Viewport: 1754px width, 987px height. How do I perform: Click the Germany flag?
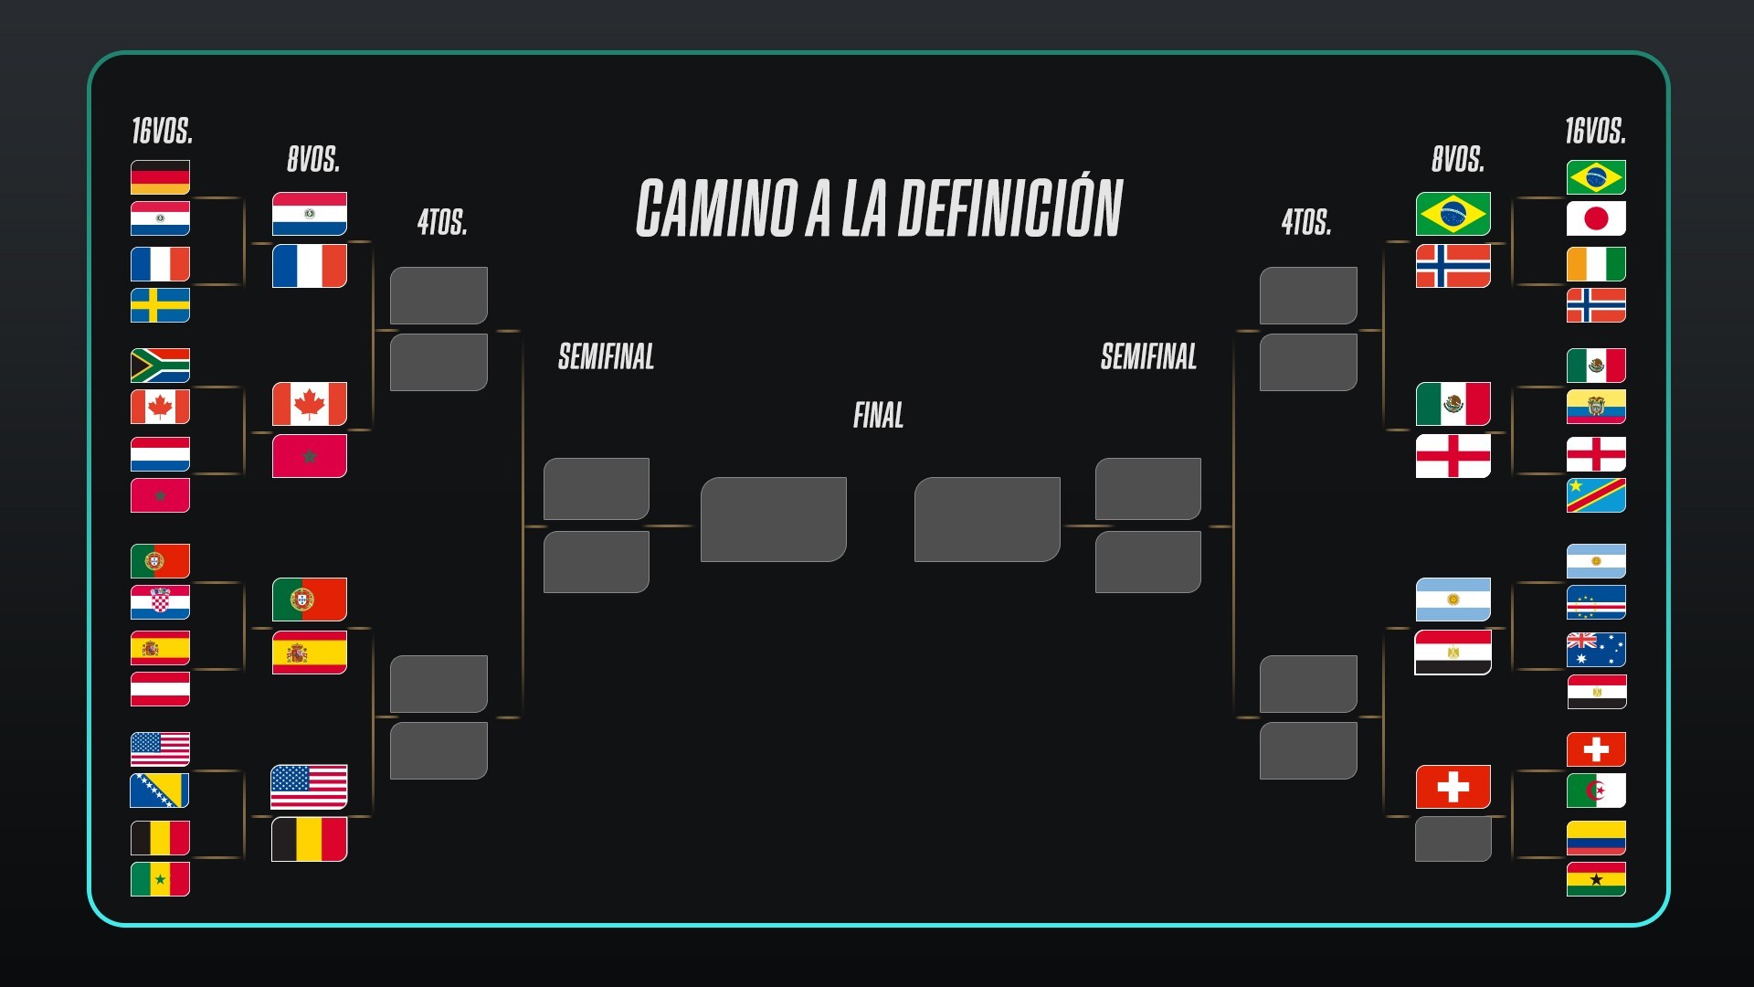[x=160, y=177]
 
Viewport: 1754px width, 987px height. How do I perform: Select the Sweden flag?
[x=160, y=305]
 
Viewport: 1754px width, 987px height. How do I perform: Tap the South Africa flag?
[x=160, y=366]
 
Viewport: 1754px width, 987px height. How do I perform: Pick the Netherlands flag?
[x=160, y=454]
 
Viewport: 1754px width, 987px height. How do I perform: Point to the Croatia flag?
[x=160, y=603]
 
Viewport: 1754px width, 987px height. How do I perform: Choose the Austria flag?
[x=160, y=689]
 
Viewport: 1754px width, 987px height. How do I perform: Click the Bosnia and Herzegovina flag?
[x=160, y=791]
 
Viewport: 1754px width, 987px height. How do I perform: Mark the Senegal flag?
[x=160, y=879]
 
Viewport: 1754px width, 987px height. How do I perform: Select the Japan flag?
[x=1596, y=218]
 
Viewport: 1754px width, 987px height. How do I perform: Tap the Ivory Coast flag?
[x=1596, y=264]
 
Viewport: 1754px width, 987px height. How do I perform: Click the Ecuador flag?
[x=1596, y=407]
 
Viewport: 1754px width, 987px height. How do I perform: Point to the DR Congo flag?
[x=1596, y=495]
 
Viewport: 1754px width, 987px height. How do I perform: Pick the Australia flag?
[x=1596, y=650]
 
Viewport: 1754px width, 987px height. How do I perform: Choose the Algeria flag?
[x=1596, y=791]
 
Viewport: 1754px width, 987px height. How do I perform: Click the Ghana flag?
[x=1596, y=879]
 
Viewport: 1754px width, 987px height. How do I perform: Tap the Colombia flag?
[x=1596, y=838]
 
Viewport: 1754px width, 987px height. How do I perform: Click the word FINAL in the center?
[x=878, y=416]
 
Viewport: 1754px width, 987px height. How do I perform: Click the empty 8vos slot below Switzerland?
[x=1453, y=839]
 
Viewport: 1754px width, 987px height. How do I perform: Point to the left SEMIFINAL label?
[x=606, y=356]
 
